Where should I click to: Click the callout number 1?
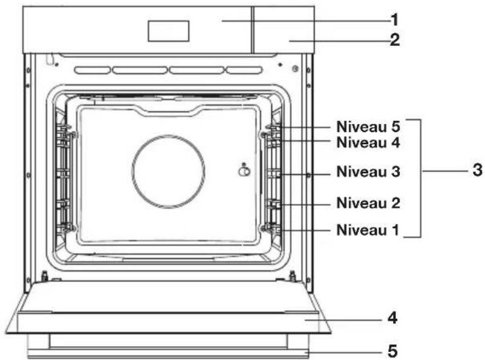394,20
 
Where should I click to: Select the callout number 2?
395,40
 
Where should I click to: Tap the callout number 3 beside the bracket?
478,170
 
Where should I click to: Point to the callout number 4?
392,318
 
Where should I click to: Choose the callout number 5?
392,351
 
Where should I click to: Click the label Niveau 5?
368,126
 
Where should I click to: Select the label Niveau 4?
368,142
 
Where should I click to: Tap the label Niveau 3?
368,171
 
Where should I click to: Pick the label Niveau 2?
368,203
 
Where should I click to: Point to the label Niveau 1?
368,230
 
